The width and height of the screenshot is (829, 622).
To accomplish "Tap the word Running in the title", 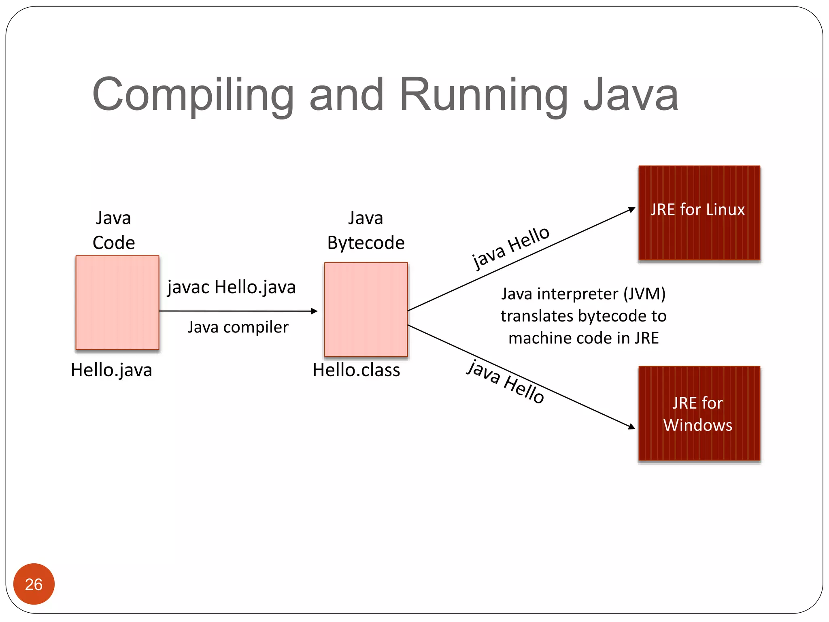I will click(484, 95).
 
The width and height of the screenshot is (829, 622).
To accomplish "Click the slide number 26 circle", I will click(34, 584).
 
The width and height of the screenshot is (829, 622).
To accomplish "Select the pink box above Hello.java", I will click(117, 302).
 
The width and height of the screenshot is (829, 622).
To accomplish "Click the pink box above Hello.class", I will click(366, 310).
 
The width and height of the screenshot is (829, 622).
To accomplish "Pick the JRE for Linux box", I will click(699, 213).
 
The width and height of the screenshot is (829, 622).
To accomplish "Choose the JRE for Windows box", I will click(699, 413).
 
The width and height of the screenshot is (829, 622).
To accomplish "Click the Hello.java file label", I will click(111, 370).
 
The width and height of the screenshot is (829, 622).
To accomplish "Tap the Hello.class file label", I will click(356, 370).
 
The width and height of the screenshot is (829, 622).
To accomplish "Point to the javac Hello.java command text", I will click(232, 287).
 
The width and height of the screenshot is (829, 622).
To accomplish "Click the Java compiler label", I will click(238, 327).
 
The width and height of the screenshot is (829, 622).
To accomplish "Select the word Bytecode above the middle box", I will click(366, 243).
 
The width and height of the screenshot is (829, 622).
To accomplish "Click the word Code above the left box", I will click(114, 243).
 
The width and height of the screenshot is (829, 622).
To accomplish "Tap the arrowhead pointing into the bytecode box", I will click(314, 311).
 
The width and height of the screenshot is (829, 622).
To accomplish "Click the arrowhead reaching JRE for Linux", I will click(631, 209).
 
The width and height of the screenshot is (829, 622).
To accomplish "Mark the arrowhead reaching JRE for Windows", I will click(631, 426).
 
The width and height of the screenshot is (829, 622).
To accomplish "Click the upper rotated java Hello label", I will click(511, 247).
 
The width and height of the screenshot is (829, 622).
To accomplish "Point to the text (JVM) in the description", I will click(644, 294).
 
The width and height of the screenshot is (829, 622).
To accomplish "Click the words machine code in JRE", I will click(583, 338).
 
